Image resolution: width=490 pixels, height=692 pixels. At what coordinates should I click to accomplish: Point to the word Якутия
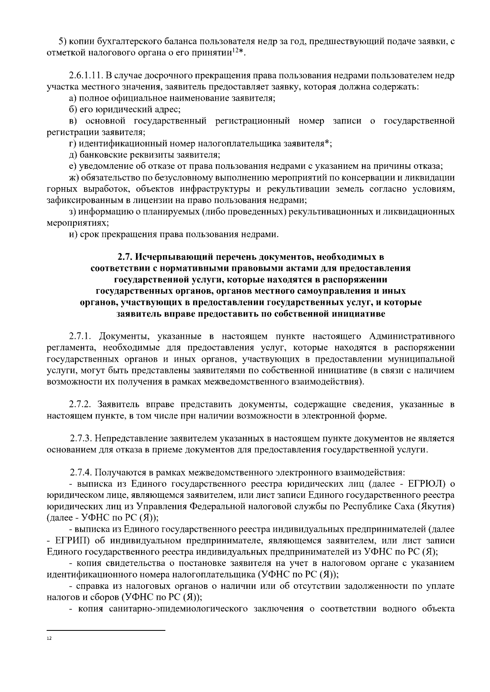(439, 506)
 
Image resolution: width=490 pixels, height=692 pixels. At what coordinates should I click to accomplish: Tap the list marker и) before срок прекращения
(73, 234)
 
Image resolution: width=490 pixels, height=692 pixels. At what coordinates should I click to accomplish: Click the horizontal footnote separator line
(106, 630)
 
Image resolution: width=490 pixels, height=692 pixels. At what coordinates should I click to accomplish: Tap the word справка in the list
(89, 586)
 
